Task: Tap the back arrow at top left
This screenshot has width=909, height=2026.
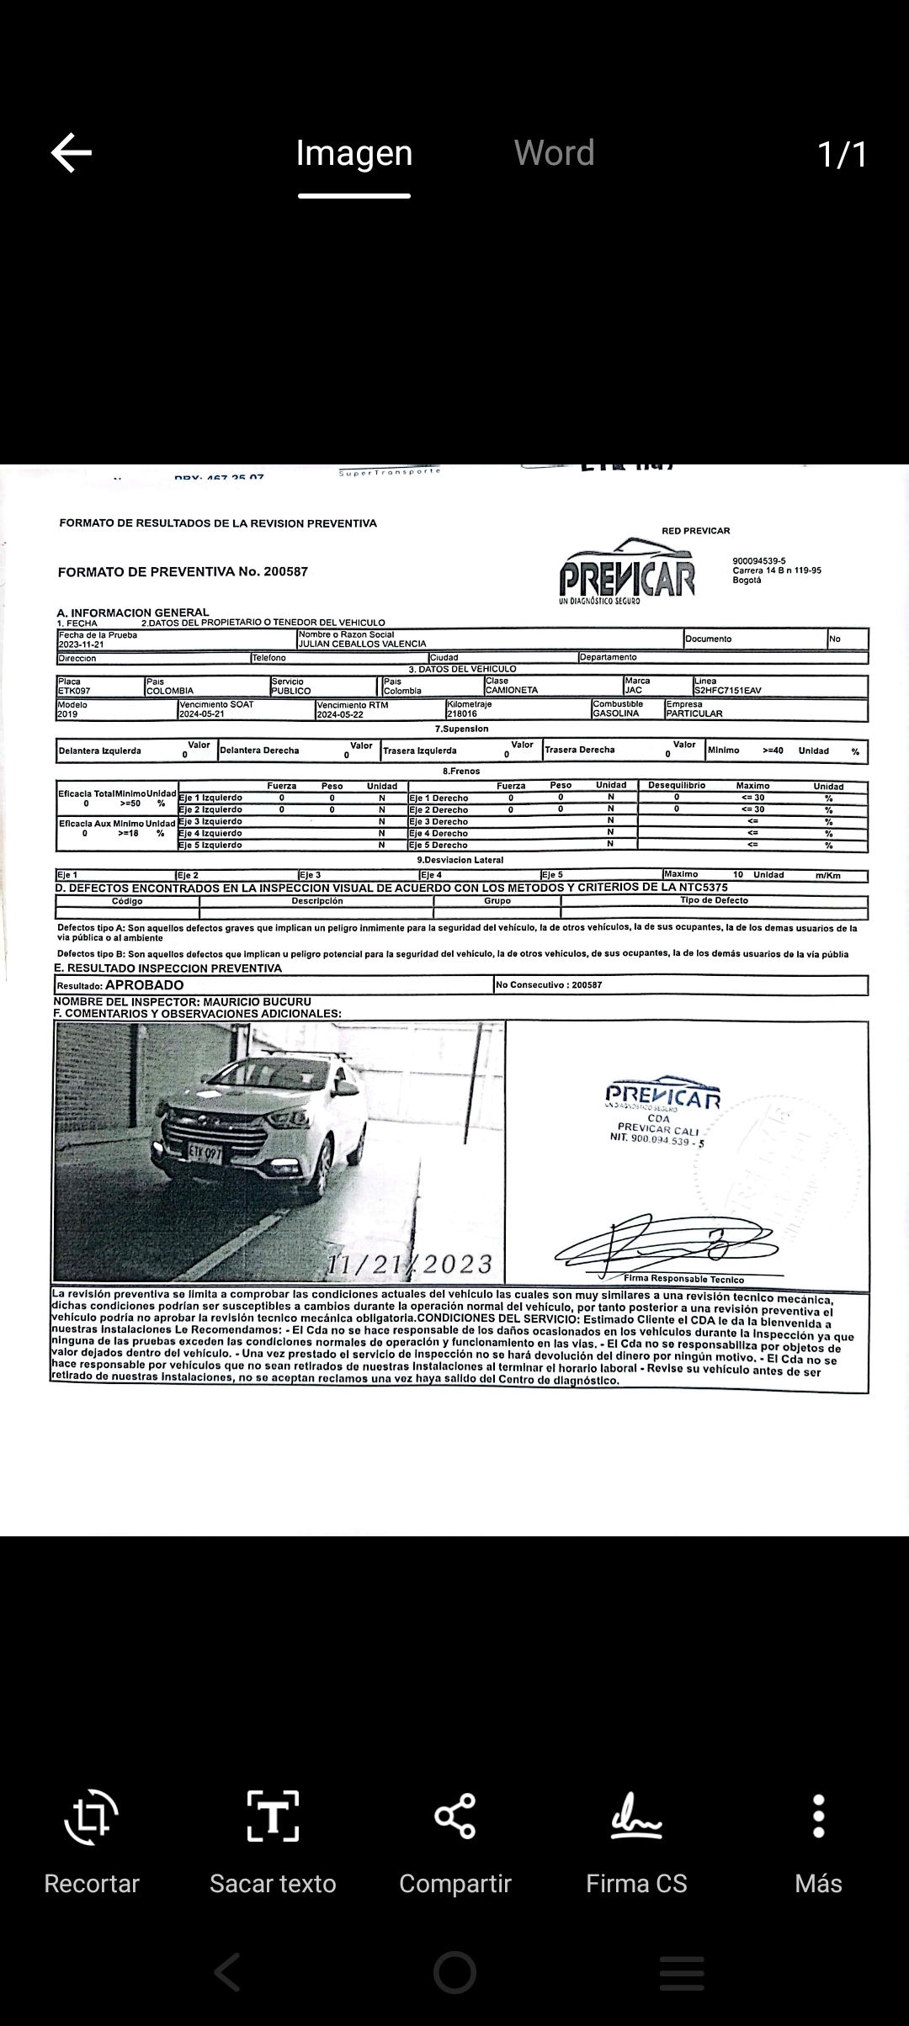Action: (72, 153)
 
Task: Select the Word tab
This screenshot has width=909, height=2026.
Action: (554, 153)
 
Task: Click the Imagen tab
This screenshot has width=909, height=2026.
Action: (354, 153)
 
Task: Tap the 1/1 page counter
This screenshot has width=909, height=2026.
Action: (842, 154)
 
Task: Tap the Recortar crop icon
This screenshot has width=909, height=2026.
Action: (91, 1817)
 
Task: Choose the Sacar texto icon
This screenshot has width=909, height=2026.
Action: (273, 1817)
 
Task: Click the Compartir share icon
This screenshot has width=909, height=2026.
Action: (455, 1817)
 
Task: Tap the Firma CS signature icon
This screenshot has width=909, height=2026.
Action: (636, 1817)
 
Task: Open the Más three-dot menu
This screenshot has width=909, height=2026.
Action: (818, 1817)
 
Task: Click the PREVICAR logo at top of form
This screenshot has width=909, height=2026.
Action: (628, 573)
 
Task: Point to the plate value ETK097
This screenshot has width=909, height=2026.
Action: (74, 691)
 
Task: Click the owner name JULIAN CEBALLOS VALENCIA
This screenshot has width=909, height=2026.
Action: (363, 644)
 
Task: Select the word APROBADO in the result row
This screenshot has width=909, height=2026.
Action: (144, 985)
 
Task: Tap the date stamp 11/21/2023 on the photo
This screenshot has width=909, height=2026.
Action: (410, 1264)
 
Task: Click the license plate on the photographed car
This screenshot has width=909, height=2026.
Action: (205, 1152)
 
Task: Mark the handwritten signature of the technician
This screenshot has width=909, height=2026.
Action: (665, 1242)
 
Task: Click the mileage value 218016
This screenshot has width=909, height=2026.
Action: (462, 713)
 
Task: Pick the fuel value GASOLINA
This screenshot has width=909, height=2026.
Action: (616, 713)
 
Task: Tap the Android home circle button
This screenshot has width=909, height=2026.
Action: (454, 1972)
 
